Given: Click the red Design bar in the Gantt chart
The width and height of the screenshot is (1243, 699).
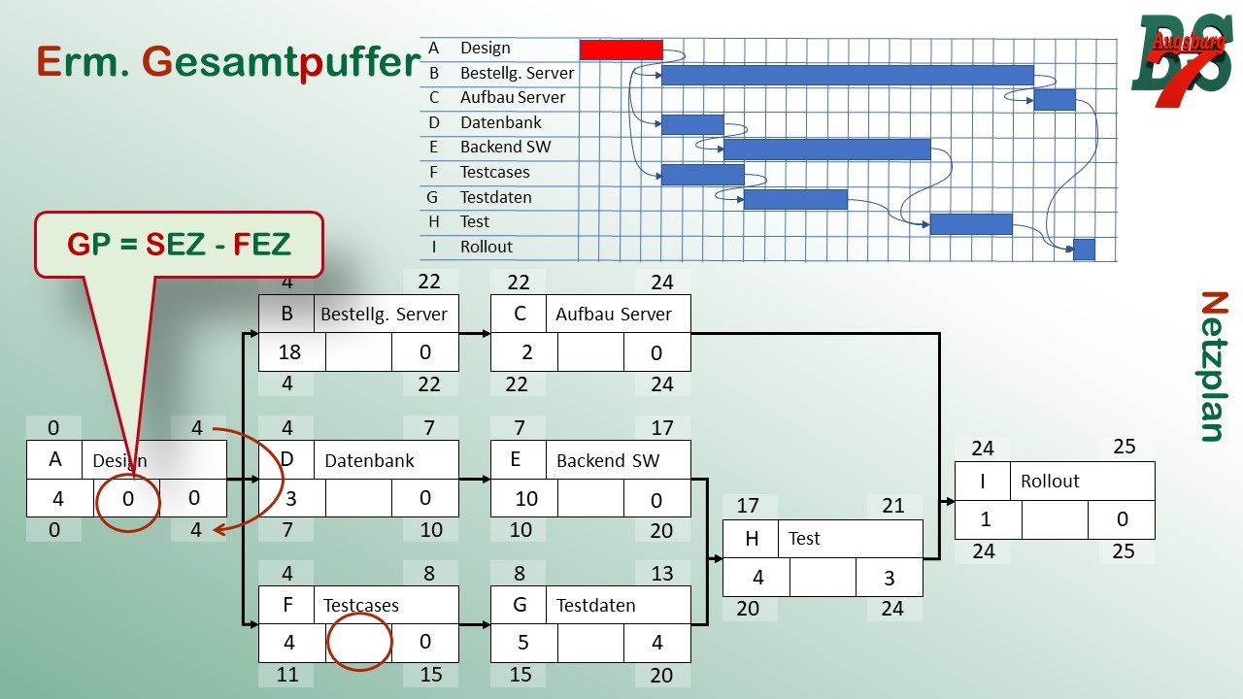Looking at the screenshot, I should pyautogui.click(x=621, y=50).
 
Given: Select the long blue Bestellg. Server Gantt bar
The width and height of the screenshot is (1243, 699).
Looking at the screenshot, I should pyautogui.click(x=847, y=75).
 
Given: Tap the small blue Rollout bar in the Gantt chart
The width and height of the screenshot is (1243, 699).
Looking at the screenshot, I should pyautogui.click(x=1084, y=250).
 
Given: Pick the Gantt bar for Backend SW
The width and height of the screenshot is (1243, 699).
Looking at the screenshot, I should pyautogui.click(x=826, y=149).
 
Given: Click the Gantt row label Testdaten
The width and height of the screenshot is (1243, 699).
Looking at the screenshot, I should pyautogui.click(x=495, y=197).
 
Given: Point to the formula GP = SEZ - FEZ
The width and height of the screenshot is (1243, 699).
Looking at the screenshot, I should pyautogui.click(x=179, y=244).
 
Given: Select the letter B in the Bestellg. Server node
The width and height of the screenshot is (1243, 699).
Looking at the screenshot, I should pyautogui.click(x=286, y=314).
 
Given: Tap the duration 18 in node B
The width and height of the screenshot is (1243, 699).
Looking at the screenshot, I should pyautogui.click(x=289, y=351).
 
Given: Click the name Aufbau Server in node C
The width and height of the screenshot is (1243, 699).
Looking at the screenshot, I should pyautogui.click(x=613, y=314).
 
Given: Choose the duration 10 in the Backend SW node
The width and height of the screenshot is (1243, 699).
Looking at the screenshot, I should pyautogui.click(x=525, y=498).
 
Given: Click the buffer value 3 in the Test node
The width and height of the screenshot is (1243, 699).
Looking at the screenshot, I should pyautogui.click(x=889, y=578).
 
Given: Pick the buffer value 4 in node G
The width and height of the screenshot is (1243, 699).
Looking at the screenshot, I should pyautogui.click(x=656, y=643).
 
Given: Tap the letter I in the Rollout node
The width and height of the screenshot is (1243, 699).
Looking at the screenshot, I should pyautogui.click(x=983, y=481).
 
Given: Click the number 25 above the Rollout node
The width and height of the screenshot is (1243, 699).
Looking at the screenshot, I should pyautogui.click(x=1124, y=447).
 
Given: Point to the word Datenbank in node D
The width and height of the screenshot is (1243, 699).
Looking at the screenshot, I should pyautogui.click(x=369, y=460).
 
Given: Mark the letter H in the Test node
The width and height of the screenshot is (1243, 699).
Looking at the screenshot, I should pyautogui.click(x=751, y=539).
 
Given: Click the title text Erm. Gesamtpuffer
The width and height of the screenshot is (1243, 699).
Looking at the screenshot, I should pyautogui.click(x=228, y=61).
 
